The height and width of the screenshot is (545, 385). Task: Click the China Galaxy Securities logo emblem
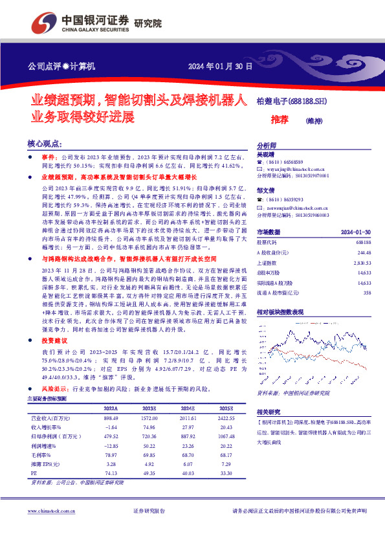(x=45, y=21)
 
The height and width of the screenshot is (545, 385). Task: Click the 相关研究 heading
(x=269, y=412)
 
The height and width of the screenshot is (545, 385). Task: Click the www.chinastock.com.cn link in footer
(x=49, y=511)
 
